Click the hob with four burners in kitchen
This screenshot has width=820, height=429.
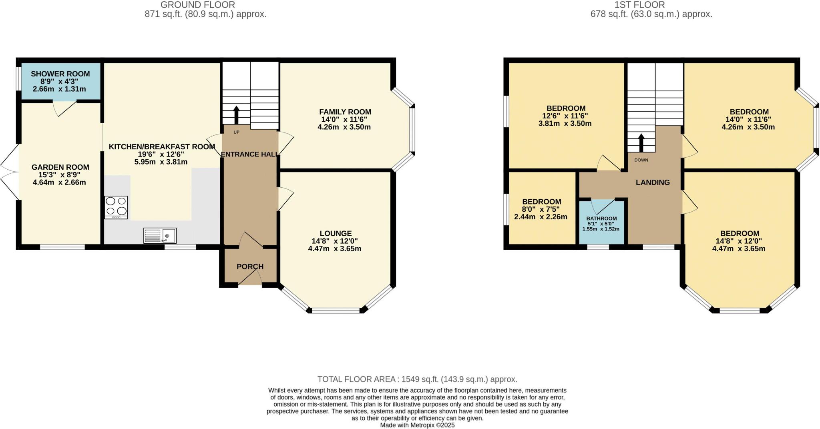point(116,207)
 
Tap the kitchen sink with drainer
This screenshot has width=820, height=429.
point(160,235)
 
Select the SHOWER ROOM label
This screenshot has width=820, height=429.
point(60,74)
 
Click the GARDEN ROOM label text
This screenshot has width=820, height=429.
point(60,167)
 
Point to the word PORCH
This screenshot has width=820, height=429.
point(250,267)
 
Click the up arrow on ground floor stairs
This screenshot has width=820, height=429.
point(236,115)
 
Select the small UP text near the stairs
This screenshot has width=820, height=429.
point(236,132)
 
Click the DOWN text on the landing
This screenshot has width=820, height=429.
point(641,160)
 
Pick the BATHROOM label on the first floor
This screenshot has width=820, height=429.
point(601,219)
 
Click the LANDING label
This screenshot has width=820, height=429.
point(653,182)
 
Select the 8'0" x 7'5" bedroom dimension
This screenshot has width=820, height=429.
point(541,209)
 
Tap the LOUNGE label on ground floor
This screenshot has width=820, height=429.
point(336,233)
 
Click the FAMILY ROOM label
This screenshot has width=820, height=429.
point(345,112)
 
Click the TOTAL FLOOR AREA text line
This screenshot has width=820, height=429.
point(417,379)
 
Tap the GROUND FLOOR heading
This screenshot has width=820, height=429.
point(197,5)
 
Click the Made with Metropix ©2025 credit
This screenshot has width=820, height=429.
point(417,425)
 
